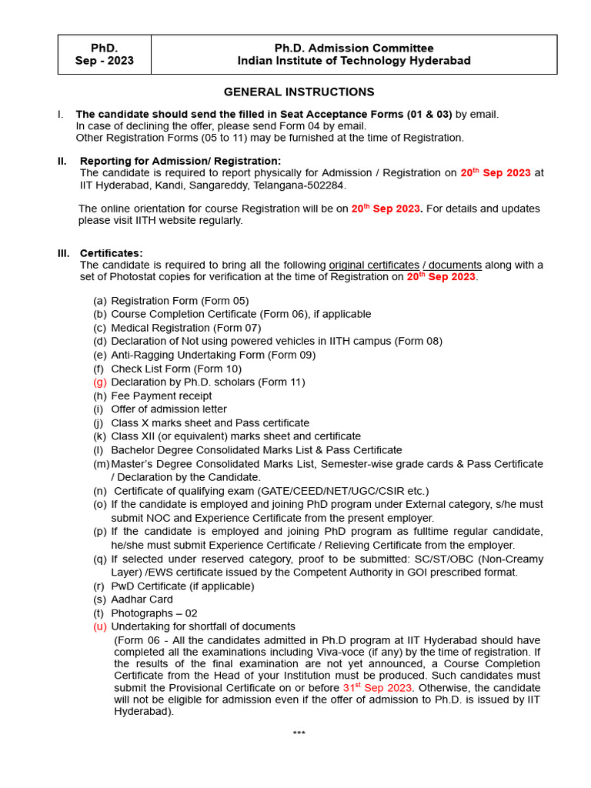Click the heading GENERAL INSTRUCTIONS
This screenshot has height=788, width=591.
pos(299,92)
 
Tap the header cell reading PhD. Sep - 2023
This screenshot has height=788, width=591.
pos(105,55)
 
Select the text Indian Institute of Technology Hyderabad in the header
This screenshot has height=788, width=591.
pos(354,61)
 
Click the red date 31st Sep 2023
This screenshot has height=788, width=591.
pos(377,687)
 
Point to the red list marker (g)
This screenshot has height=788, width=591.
pos(100,382)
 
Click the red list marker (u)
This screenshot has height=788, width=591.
pos(100,627)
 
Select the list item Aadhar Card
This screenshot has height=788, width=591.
pos(142,599)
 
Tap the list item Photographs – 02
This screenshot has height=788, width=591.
pos(154,613)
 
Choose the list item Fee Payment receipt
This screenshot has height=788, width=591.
pos(161,396)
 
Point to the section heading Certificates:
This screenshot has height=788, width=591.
pos(111,253)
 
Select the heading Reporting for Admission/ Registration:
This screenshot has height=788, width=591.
pos(181,161)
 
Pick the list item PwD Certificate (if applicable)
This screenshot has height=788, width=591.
pos(182,586)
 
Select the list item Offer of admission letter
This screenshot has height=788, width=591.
pos(169,409)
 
